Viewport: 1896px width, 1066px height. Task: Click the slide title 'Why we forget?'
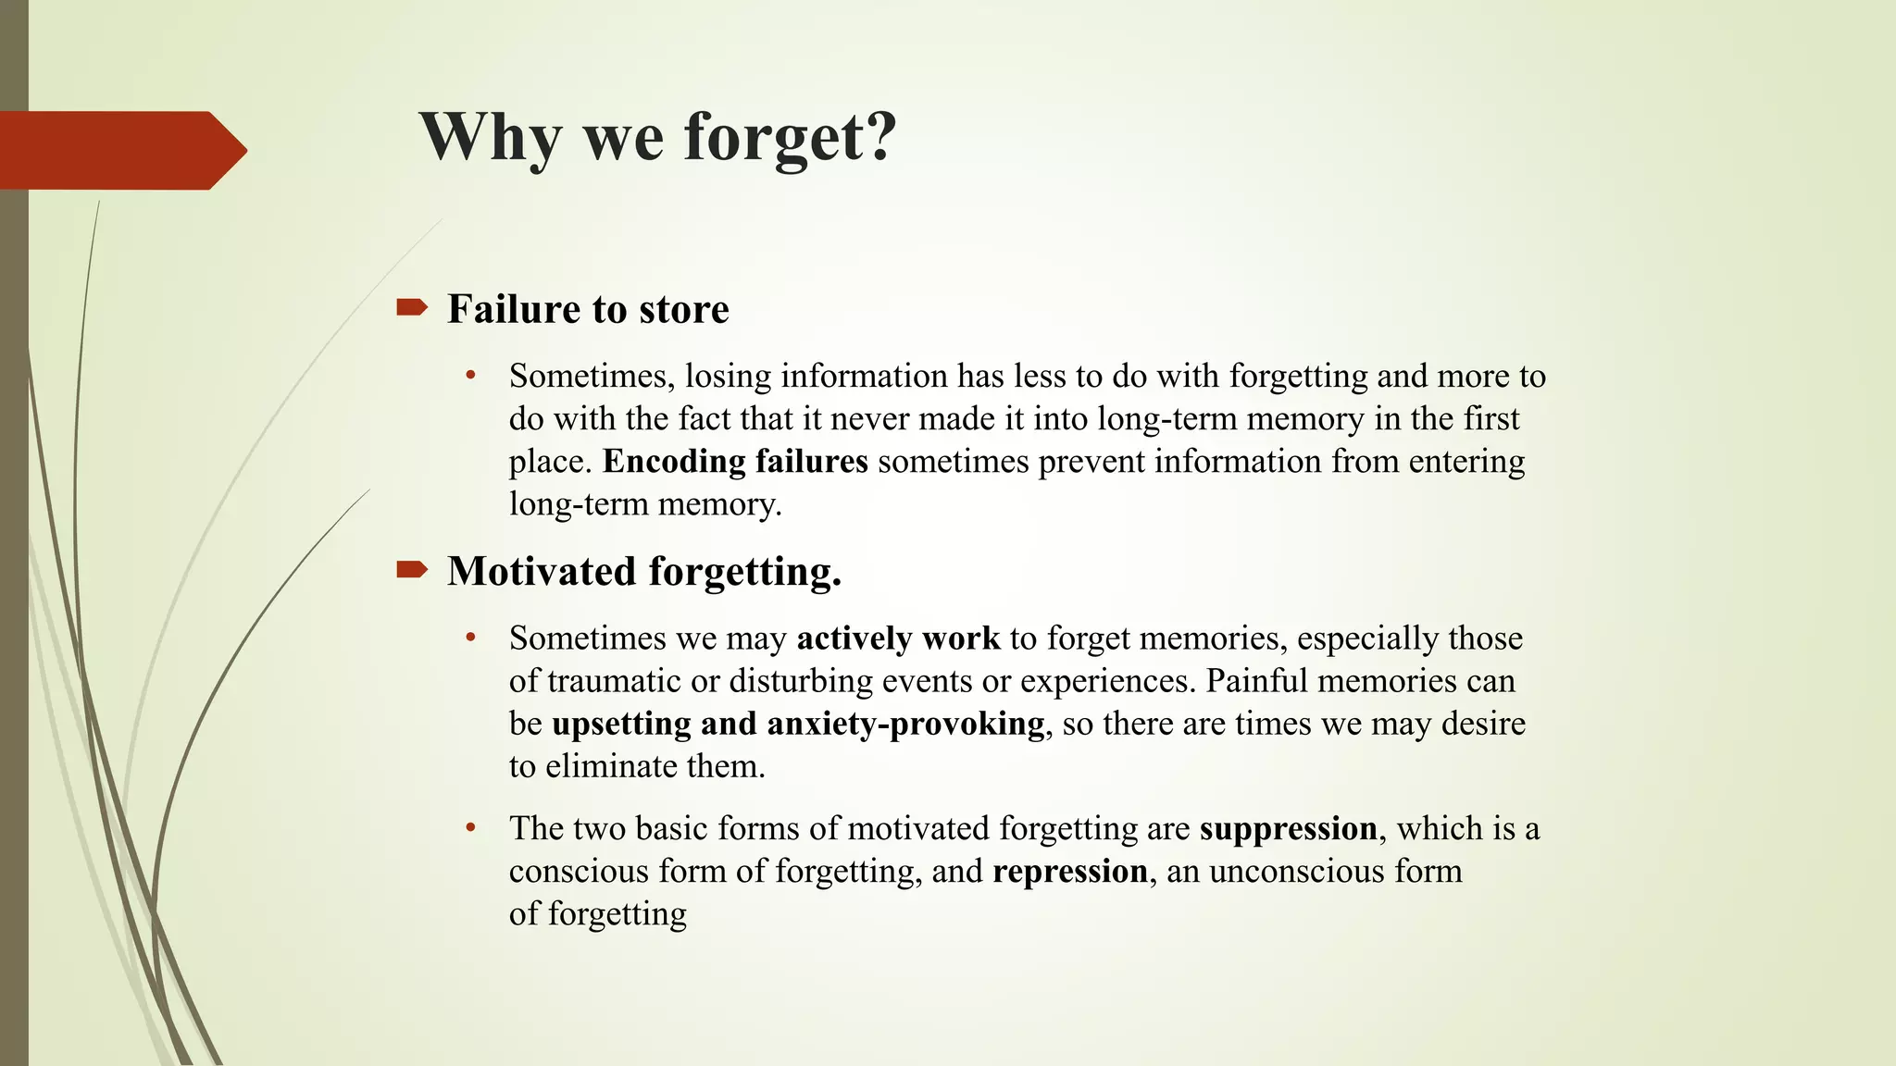(x=657, y=137)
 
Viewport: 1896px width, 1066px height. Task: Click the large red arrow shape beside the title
(x=120, y=150)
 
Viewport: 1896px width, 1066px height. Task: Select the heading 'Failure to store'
(x=588, y=309)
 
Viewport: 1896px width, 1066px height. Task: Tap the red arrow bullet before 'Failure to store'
(x=411, y=307)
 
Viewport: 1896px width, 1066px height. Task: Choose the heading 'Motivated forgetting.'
(x=644, y=572)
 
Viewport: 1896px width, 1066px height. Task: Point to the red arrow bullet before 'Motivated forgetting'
(x=411, y=570)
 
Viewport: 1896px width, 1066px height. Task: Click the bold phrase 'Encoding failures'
(x=735, y=462)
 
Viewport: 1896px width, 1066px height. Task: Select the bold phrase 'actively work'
(x=898, y=638)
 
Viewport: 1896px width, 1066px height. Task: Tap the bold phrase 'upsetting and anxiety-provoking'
(x=798, y=724)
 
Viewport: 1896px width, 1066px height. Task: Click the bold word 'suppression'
(x=1288, y=828)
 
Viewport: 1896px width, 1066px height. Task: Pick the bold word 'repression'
(x=1070, y=872)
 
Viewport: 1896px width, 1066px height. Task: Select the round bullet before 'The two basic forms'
(x=471, y=827)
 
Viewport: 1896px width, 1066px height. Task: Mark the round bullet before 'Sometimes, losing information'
(x=471, y=376)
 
